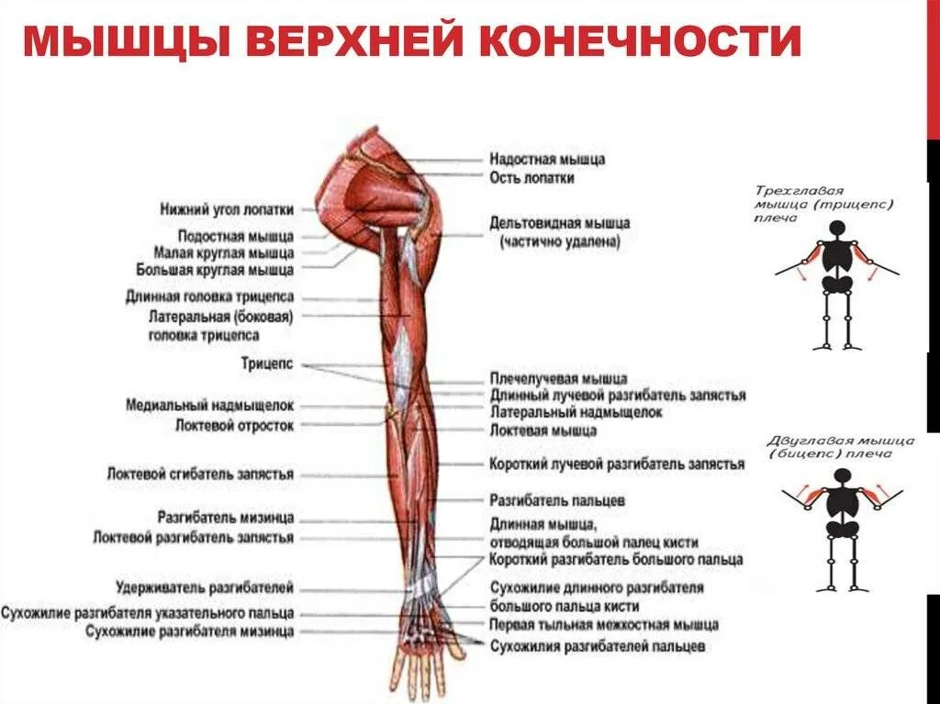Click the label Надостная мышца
pyautogui.click(x=547, y=160)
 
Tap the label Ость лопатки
pyautogui.click(x=532, y=178)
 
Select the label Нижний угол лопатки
pyautogui.click(x=226, y=208)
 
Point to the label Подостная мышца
pyautogui.click(x=236, y=236)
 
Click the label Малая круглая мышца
pyautogui.click(x=224, y=252)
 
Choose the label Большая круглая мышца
pyautogui.click(x=215, y=270)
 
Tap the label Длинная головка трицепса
pyautogui.click(x=209, y=297)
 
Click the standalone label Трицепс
pyautogui.click(x=266, y=364)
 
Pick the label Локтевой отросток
pyautogui.click(x=234, y=425)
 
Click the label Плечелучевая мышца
pyautogui.click(x=558, y=378)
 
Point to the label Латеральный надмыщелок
pyautogui.click(x=576, y=413)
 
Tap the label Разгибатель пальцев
pyautogui.click(x=557, y=501)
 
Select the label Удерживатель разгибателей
pyautogui.click(x=205, y=587)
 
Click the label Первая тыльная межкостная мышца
pyautogui.click(x=603, y=625)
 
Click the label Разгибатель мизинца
pyautogui.click(x=225, y=518)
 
